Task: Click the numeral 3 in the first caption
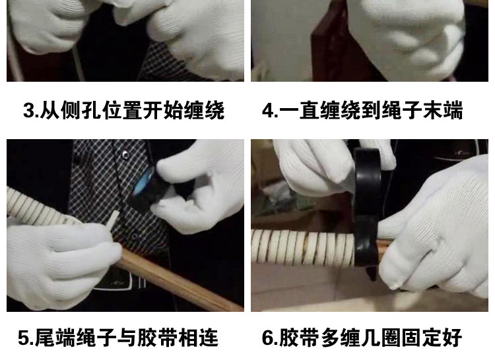click(x=29, y=110)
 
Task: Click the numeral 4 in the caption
click(x=268, y=110)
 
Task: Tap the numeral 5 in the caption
click(x=24, y=338)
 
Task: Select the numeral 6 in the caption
click(x=268, y=338)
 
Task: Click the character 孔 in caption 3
click(x=92, y=110)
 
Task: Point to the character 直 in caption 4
click(x=310, y=110)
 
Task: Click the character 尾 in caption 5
click(x=45, y=338)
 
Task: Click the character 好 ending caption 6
click(x=453, y=338)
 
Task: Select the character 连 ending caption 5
click(x=209, y=338)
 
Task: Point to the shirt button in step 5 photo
click(x=125, y=154)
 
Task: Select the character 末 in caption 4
click(x=432, y=110)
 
